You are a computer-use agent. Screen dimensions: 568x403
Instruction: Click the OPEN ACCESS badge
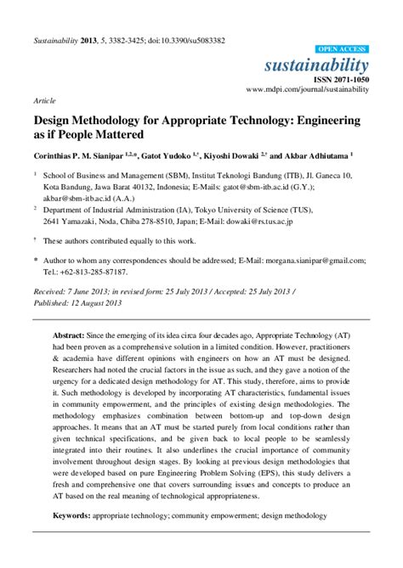(x=343, y=50)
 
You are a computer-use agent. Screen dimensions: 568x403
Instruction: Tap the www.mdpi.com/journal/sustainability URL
(x=307, y=88)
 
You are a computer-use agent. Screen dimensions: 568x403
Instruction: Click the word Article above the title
(x=44, y=98)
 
